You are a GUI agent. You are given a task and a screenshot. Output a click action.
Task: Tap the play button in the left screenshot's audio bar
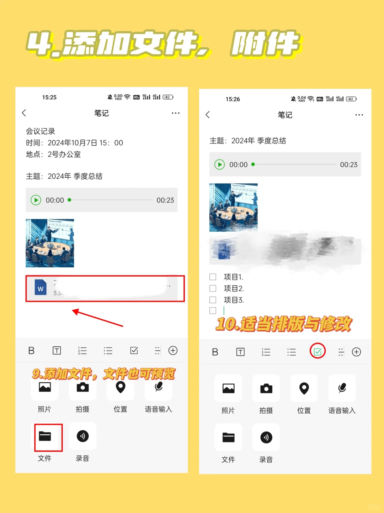pyautogui.click(x=36, y=200)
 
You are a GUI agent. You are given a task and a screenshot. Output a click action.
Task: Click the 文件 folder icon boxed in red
pyautogui.click(x=45, y=436)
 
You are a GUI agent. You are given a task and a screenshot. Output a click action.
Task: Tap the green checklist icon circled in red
pyautogui.click(x=318, y=352)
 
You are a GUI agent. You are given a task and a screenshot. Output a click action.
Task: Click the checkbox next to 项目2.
pyautogui.click(x=213, y=288)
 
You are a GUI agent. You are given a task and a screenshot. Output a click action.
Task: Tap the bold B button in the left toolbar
pyautogui.click(x=31, y=351)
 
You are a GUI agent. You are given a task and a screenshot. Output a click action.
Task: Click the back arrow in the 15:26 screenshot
pyautogui.click(x=208, y=115)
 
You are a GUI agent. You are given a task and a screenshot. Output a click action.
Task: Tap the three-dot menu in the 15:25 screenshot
pyautogui.click(x=176, y=113)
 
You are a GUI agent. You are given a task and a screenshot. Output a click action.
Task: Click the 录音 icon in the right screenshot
pyautogui.click(x=266, y=438)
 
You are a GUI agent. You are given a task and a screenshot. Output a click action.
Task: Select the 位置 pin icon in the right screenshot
pyautogui.click(x=304, y=388)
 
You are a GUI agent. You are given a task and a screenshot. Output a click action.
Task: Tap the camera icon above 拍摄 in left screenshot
pyautogui.click(x=82, y=387)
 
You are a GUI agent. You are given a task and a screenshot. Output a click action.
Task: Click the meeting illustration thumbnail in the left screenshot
pyautogui.click(x=50, y=243)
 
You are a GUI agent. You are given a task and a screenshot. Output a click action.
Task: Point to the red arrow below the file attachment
pyautogui.click(x=97, y=318)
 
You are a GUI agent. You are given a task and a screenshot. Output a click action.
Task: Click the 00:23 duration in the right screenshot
pyautogui.click(x=348, y=165)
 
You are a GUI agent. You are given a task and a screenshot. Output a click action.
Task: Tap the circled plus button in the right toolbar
pyautogui.click(x=356, y=352)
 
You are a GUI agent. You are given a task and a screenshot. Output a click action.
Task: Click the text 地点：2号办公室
pyautogui.click(x=53, y=155)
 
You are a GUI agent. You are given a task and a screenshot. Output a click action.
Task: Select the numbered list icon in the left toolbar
pyautogui.click(x=82, y=351)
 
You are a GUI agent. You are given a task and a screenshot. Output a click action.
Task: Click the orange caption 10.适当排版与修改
pyautogui.click(x=283, y=324)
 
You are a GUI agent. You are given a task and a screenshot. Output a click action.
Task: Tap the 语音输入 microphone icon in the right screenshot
pyautogui.click(x=342, y=388)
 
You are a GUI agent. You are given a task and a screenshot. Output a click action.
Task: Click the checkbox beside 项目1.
pyautogui.click(x=213, y=277)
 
